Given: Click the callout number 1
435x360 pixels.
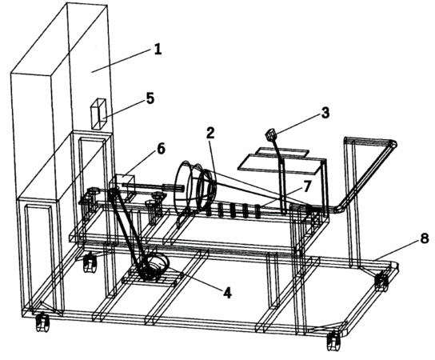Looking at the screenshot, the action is [x=158, y=50].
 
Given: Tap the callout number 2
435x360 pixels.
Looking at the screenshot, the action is [x=210, y=134].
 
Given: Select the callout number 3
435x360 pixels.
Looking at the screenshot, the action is [x=325, y=113].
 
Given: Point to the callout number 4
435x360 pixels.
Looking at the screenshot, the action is [x=227, y=293].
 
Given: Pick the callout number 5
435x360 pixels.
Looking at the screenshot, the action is [x=150, y=98].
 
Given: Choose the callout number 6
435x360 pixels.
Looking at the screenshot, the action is [x=161, y=149].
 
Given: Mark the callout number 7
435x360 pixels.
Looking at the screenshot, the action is [x=306, y=186].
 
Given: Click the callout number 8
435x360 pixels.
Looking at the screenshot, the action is [x=425, y=238].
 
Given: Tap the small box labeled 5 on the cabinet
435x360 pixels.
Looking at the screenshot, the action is [x=99, y=114].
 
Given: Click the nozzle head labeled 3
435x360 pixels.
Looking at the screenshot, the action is [x=271, y=134].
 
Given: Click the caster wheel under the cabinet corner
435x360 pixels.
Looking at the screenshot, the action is [x=42, y=322].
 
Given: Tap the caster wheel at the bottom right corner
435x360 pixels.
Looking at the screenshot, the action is [x=334, y=342].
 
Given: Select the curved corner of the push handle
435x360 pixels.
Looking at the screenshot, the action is [x=393, y=144].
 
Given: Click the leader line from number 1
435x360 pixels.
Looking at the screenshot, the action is [x=122, y=61].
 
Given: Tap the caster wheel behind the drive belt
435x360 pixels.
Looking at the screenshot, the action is [x=90, y=263].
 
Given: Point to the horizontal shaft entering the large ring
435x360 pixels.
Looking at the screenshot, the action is [x=153, y=187].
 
